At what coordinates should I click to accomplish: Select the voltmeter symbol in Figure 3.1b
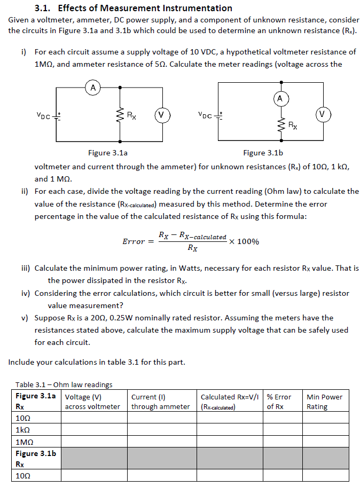point(323,114)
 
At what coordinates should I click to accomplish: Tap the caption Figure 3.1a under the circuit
point(108,153)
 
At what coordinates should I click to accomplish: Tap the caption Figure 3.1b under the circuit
point(263,153)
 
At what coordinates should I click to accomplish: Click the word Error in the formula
point(134,241)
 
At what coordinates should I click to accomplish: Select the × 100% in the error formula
point(244,241)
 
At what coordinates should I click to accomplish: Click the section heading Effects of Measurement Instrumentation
point(145,8)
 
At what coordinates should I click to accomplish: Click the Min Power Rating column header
point(324,402)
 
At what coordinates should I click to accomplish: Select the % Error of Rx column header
point(279,402)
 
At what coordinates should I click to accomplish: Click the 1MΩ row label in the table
point(26,442)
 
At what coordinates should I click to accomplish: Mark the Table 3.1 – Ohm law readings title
point(64,384)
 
